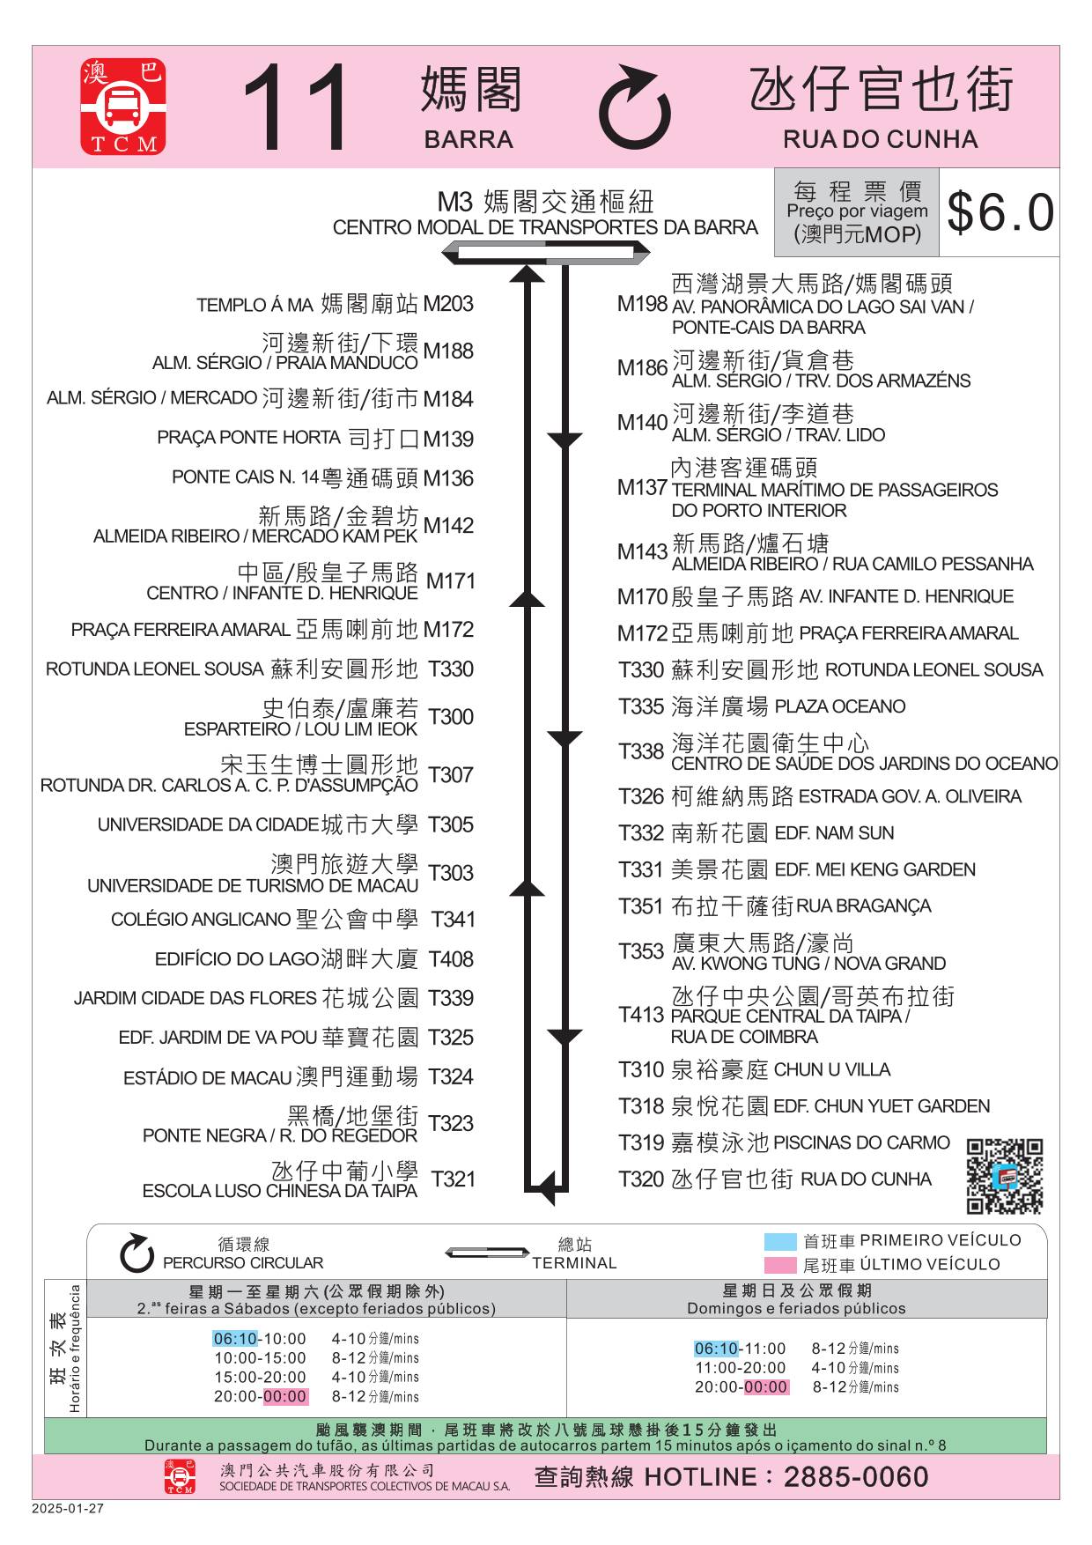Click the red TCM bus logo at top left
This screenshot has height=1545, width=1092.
pyautogui.click(x=123, y=107)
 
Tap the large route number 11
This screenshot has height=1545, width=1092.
pyautogui.click(x=297, y=107)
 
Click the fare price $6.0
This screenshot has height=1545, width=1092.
pyautogui.click(x=1000, y=212)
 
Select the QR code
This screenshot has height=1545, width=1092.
pyautogui.click(x=1005, y=1176)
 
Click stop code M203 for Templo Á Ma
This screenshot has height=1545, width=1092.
pyautogui.click(x=448, y=304)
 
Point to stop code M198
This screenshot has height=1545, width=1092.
pyautogui.click(x=642, y=304)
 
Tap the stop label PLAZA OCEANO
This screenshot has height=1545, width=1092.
pyautogui.click(x=839, y=706)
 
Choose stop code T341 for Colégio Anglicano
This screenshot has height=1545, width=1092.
pyautogui.click(x=453, y=920)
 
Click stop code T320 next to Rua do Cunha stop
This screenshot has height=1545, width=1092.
pyautogui.click(x=641, y=1179)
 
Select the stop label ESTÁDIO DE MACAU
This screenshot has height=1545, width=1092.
pyautogui.click(x=207, y=1078)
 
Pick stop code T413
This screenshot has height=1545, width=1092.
pyautogui.click(x=641, y=1015)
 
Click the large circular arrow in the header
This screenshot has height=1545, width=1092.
pyautogui.click(x=635, y=107)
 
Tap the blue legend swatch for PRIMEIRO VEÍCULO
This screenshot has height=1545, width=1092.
pyautogui.click(x=780, y=1242)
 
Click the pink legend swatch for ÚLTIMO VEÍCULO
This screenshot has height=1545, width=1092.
pyautogui.click(x=780, y=1266)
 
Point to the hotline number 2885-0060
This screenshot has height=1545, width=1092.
pyautogui.click(x=856, y=1477)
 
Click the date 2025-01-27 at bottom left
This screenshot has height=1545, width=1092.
pyautogui.click(x=68, y=1508)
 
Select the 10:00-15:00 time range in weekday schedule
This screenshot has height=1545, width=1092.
pyautogui.click(x=260, y=1358)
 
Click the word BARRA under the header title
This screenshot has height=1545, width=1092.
pyautogui.click(x=469, y=139)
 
